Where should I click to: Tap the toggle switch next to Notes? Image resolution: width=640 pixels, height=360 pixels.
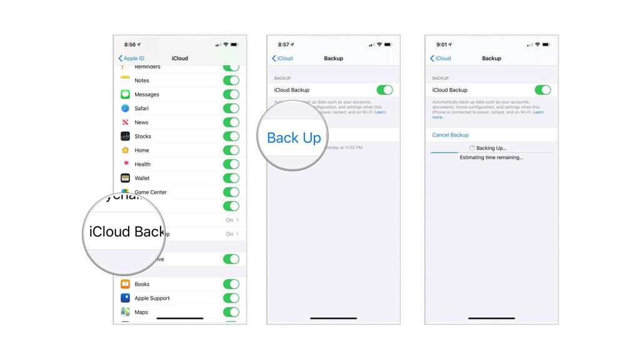pos(231,81)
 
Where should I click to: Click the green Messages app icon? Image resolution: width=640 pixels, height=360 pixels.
pos(125,94)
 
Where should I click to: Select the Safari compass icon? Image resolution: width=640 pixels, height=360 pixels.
pos(125,108)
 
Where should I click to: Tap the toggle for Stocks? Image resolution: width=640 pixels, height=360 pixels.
pos(231,136)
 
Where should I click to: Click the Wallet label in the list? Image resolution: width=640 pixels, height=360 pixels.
pos(142,178)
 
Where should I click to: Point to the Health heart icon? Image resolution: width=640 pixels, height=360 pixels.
pos(125,164)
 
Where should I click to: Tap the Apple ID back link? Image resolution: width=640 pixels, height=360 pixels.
pos(131,58)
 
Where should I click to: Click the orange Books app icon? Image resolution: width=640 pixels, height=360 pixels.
pos(125,284)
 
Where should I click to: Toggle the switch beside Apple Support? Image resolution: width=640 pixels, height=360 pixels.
pos(231,298)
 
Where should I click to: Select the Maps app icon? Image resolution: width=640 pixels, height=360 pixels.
pos(125,312)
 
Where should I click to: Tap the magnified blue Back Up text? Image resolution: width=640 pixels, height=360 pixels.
pos(294,138)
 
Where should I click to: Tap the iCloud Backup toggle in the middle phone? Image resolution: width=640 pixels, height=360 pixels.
pos(384,90)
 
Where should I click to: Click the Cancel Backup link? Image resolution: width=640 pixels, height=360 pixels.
pos(450,135)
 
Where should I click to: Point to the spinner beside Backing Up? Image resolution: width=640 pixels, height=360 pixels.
pos(472,148)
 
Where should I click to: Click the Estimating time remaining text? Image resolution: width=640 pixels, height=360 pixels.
pos(491,157)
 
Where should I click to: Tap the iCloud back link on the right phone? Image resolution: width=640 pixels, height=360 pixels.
pos(441,58)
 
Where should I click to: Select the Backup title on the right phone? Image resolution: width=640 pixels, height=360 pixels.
pos(491,58)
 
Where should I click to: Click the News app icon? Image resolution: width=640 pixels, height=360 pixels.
pos(125,122)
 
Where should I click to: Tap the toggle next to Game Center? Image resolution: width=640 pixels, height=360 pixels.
pos(231,192)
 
